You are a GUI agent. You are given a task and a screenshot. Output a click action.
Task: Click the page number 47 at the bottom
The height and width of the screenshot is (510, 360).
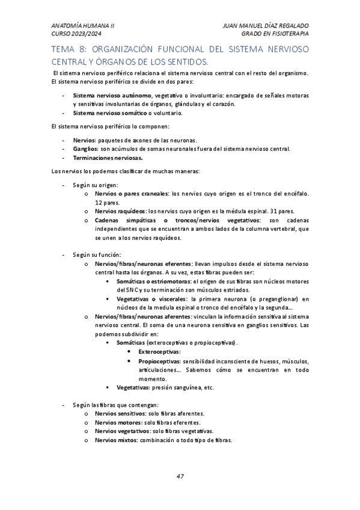(x=180, y=476)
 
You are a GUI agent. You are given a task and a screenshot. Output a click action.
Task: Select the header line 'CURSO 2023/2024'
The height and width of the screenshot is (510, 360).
(x=75, y=34)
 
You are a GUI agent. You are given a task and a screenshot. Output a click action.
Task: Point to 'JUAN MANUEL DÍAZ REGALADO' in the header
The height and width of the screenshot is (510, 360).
(x=265, y=26)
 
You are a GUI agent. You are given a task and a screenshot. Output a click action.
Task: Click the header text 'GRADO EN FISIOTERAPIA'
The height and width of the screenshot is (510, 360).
(x=275, y=34)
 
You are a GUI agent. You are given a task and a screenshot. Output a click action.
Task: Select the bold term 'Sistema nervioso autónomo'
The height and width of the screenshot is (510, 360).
(x=112, y=96)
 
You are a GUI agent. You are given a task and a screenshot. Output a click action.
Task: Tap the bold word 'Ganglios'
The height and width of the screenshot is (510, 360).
(x=85, y=149)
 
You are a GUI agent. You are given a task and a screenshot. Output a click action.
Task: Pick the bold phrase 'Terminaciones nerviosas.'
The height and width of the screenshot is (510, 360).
(x=108, y=158)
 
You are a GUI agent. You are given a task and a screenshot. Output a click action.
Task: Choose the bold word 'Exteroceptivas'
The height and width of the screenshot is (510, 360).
(x=159, y=351)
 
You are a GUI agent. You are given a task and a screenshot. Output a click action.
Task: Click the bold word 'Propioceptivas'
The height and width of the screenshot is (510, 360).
(x=159, y=361)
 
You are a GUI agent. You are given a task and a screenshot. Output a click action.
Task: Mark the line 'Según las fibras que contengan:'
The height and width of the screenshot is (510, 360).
(x=115, y=405)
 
